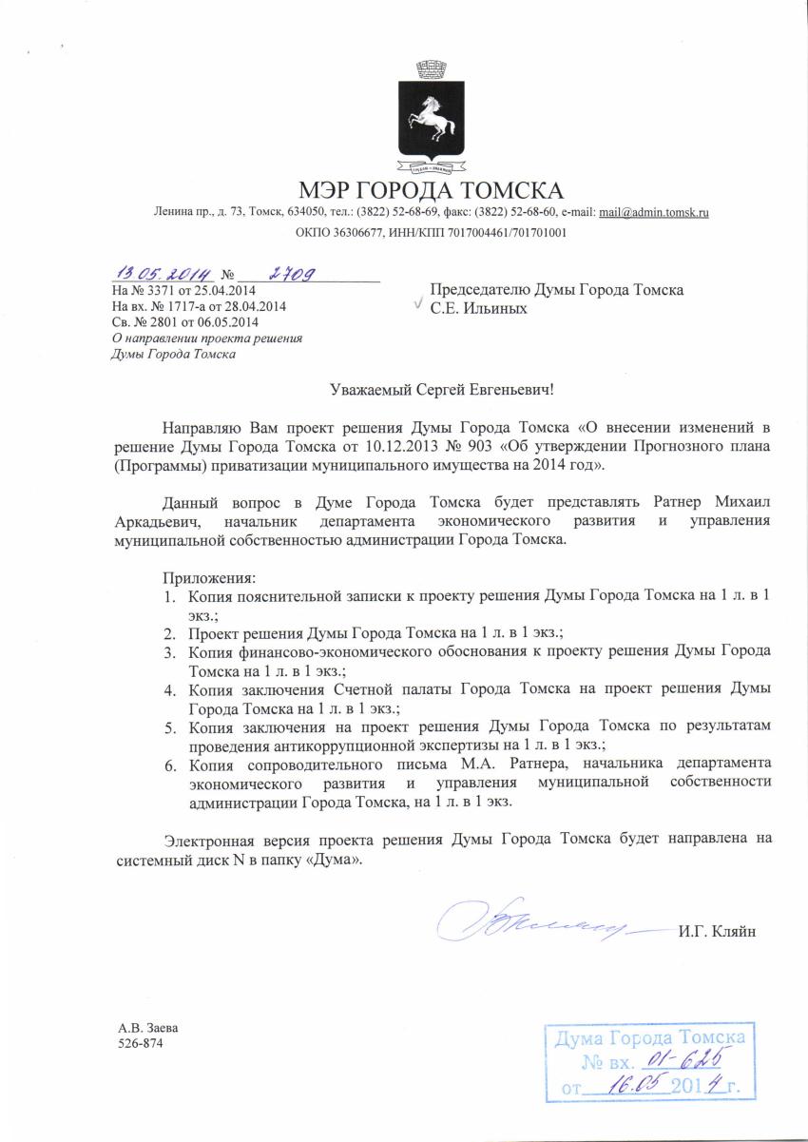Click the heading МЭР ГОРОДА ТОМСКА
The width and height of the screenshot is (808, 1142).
point(431,189)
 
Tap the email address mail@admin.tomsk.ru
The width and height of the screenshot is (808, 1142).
point(655,212)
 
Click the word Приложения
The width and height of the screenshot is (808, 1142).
point(209,577)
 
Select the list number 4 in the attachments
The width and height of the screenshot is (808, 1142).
point(167,688)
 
